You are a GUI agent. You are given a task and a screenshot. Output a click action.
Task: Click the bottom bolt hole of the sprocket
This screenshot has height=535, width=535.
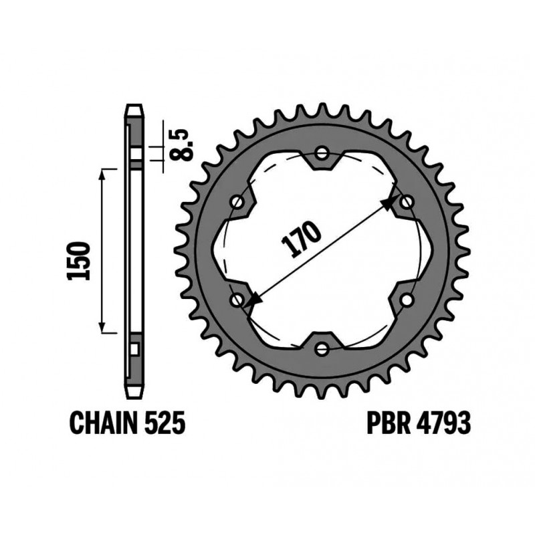pos(322,348)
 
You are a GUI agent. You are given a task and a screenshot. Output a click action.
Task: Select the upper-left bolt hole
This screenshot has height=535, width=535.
pos(237,201)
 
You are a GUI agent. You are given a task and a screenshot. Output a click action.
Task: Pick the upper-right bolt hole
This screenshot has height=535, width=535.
pos(406,201)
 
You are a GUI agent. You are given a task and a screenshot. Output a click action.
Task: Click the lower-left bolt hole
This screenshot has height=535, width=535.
pos(237,300)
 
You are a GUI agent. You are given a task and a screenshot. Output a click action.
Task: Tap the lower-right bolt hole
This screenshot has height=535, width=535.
pos(406,300)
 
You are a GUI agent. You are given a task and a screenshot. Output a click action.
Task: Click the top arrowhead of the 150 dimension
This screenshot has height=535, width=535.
pos(102,173)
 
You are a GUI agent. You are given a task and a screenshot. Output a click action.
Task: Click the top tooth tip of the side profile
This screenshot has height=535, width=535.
pos(134,107)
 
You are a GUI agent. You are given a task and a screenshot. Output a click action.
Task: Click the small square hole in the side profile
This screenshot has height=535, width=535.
pos(134,348)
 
